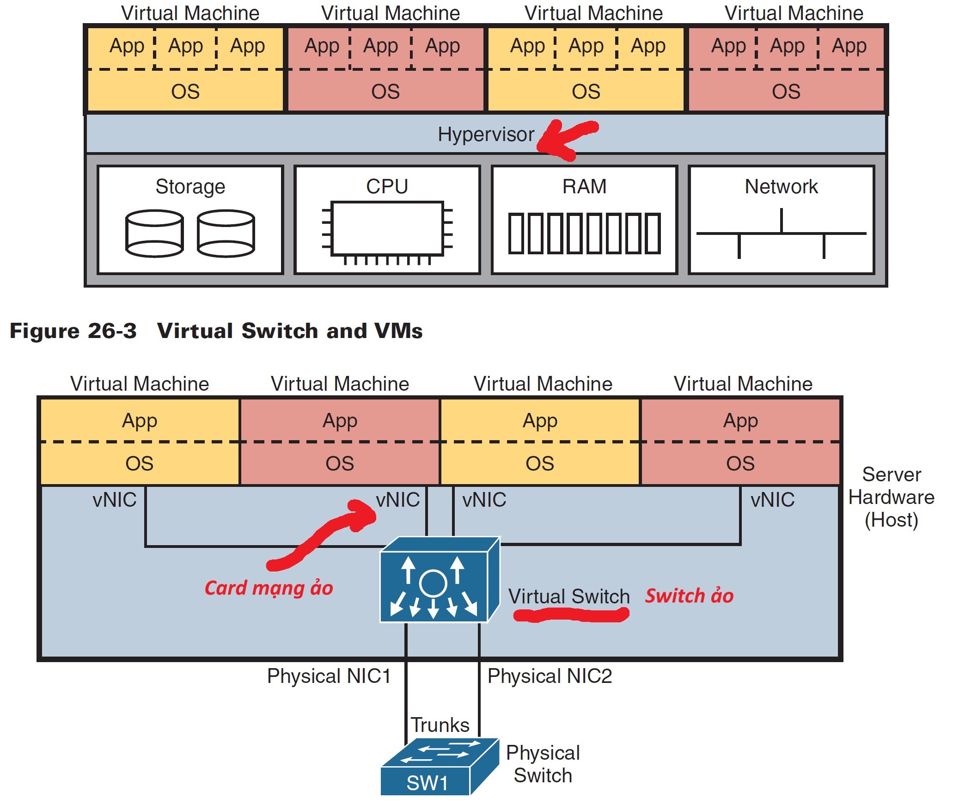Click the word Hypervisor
point(486,135)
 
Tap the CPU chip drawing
point(387,229)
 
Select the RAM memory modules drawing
point(584,234)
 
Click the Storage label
point(190,187)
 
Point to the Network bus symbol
point(781,234)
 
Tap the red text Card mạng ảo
point(269,588)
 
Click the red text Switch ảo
point(689,596)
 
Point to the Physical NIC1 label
point(329,676)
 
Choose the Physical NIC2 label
point(550,676)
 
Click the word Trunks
point(440,725)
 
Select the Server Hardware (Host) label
point(891,497)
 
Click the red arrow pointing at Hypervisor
point(566,139)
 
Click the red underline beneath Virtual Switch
point(571,615)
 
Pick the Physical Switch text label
point(543,764)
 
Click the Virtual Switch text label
point(569,596)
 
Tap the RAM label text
point(584,186)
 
